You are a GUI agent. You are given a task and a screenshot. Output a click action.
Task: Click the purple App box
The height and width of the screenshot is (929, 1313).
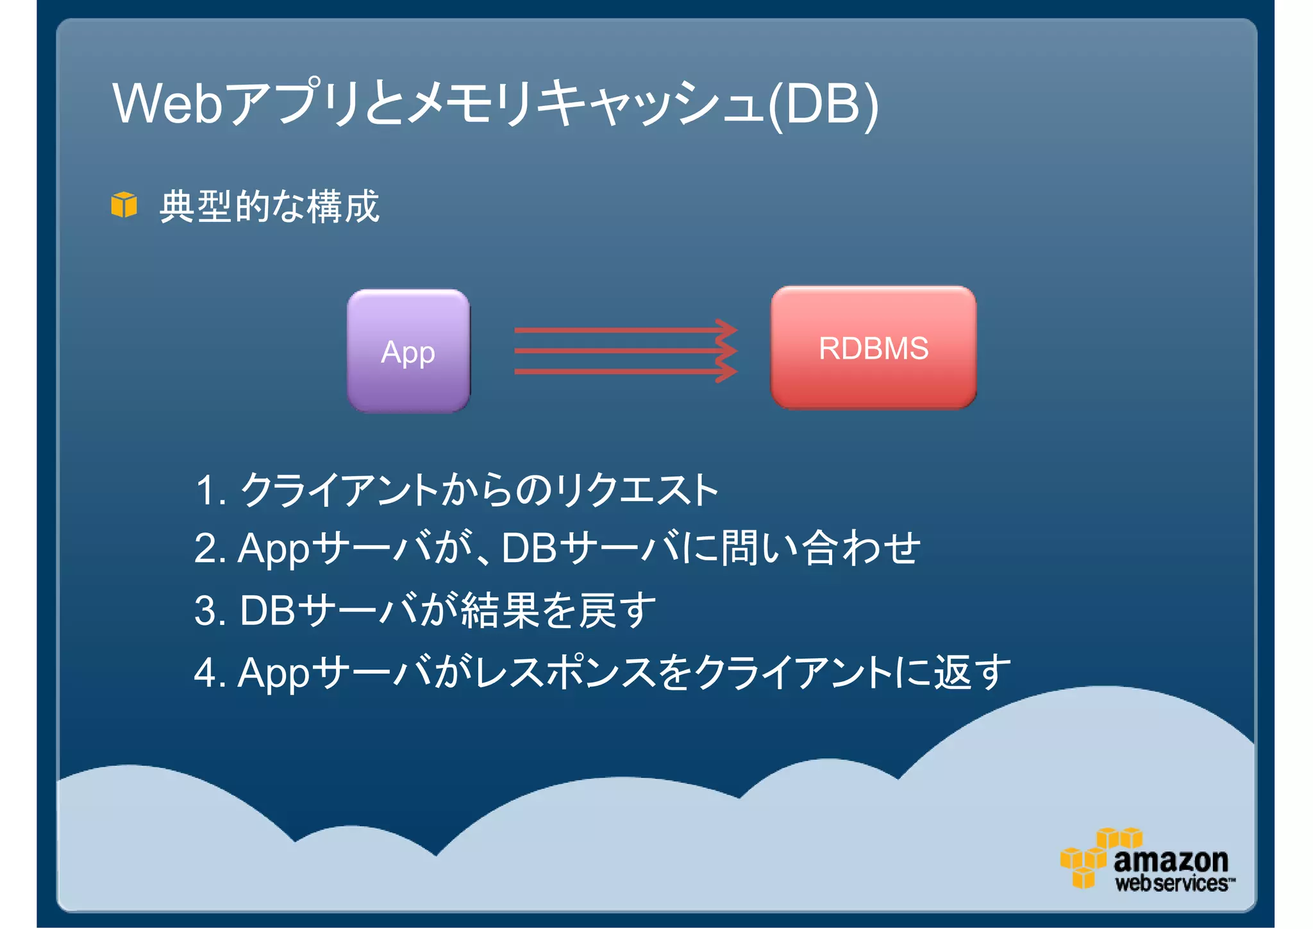point(408,351)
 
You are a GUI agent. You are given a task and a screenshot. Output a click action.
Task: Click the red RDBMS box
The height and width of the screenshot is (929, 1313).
point(873,348)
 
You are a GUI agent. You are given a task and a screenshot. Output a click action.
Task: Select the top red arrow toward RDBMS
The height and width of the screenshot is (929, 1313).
point(625,330)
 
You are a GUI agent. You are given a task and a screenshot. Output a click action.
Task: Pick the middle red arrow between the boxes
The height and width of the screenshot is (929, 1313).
point(625,351)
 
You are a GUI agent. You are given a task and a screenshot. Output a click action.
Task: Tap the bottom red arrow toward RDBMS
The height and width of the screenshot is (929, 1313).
point(625,371)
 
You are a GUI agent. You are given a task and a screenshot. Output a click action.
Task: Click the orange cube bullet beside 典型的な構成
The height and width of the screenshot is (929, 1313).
point(124,205)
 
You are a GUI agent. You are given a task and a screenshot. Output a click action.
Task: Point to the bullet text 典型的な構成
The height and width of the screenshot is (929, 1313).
point(269,207)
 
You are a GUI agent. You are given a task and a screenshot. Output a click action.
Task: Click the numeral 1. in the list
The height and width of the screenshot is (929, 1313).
point(210,491)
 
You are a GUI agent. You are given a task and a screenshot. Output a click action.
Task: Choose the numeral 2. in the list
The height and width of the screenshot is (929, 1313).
point(210,549)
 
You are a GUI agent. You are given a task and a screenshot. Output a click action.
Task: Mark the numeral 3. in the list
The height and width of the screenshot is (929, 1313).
point(210,611)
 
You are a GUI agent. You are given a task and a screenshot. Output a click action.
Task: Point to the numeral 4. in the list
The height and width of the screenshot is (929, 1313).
point(210,673)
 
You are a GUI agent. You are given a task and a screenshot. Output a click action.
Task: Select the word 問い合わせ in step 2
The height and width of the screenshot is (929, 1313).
point(821,549)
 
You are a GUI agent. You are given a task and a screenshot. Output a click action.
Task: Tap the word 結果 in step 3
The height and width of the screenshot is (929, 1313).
point(501,610)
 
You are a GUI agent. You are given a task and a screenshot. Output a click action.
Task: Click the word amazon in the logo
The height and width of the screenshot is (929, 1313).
point(1171,860)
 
